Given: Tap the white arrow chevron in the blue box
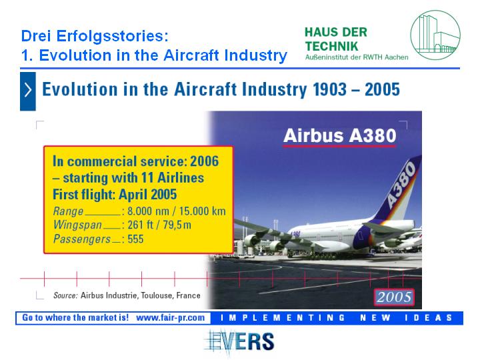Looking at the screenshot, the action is (28, 90).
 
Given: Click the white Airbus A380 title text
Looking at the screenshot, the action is (340, 135).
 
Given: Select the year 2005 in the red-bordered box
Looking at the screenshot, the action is (394, 297).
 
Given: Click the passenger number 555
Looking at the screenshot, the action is (135, 239).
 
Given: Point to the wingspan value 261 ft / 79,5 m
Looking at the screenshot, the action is (159, 225).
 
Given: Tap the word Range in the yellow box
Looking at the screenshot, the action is (68, 211).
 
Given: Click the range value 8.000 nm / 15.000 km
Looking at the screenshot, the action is (176, 211).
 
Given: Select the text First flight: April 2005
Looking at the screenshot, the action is (115, 195).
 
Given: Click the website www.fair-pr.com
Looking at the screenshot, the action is (170, 318).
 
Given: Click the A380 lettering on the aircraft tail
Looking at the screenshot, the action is (401, 184).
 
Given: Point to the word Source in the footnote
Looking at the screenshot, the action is (65, 295).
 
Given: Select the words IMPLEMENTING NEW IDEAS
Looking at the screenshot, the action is (336, 318).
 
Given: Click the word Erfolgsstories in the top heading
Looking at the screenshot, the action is (112, 36).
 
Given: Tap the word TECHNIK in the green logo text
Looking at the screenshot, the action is (331, 47).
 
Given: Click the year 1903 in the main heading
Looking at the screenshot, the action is (330, 89).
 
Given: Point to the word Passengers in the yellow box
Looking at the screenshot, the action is (82, 239).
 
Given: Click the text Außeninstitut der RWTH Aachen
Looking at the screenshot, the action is (357, 57).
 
